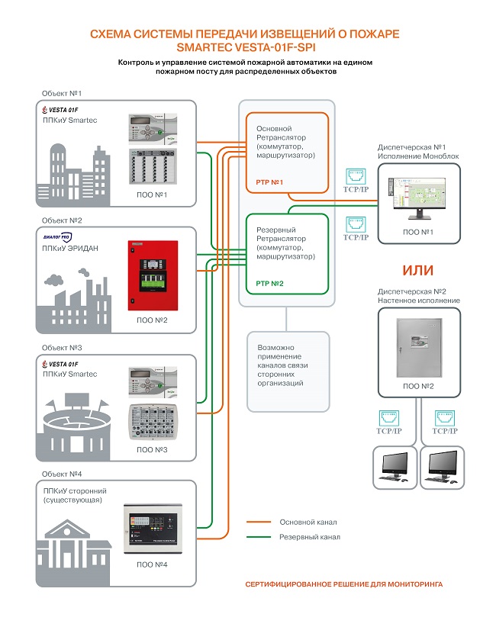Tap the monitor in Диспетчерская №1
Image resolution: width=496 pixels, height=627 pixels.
(417, 200)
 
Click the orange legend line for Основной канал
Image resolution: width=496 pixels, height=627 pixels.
(259, 522)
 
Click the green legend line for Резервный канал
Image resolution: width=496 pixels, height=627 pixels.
(259, 537)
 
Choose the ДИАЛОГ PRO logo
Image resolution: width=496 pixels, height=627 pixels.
(59, 237)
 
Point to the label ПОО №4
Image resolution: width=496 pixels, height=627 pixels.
(153, 564)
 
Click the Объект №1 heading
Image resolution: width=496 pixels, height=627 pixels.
(62, 92)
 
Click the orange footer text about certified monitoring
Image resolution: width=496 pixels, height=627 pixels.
(343, 584)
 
